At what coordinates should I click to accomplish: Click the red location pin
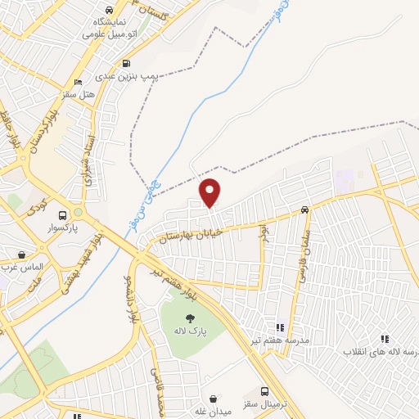[211, 191]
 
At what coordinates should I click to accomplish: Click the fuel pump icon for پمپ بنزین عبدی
[126, 63]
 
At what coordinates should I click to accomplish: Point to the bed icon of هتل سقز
[78, 83]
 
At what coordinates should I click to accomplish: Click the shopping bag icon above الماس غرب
[21, 255]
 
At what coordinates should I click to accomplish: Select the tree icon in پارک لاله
[189, 319]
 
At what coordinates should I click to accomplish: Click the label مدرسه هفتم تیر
[279, 339]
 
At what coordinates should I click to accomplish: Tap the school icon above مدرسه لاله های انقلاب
[384, 338]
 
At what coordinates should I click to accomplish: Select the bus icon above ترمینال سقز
[264, 392]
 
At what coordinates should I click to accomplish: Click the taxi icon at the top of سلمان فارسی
[304, 209]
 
